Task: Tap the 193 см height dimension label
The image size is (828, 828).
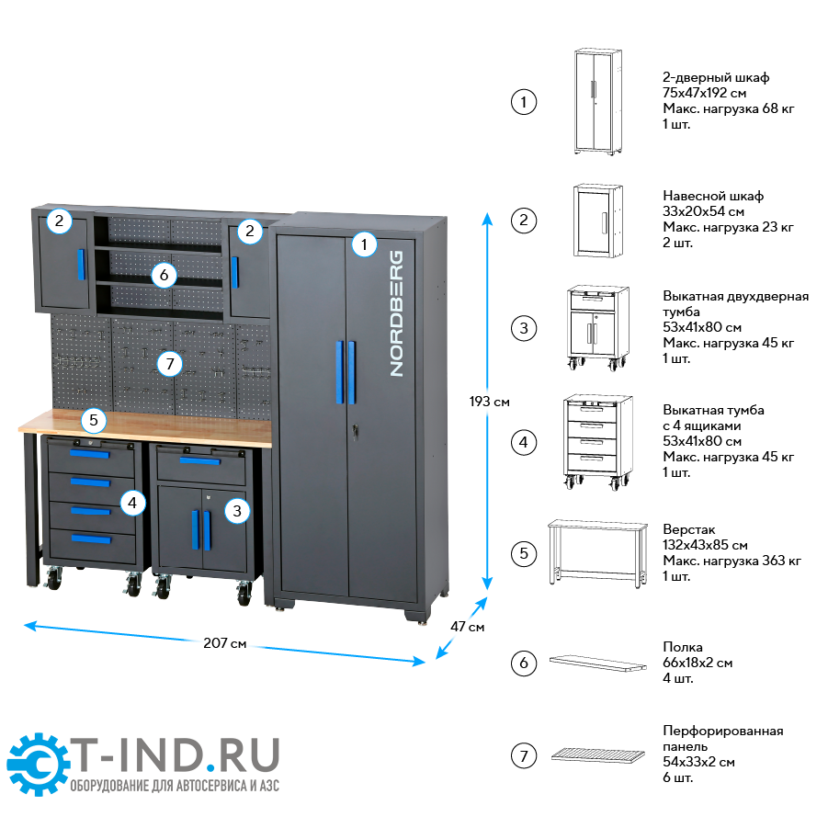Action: (x=489, y=402)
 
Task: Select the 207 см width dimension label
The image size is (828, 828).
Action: (x=225, y=643)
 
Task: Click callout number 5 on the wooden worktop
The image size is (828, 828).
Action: (x=93, y=421)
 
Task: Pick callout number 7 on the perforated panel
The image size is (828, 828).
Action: (x=167, y=364)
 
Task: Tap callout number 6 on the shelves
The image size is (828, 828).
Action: (x=163, y=274)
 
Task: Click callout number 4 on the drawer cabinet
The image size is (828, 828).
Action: (x=133, y=503)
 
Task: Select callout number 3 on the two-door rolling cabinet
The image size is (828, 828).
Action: (x=237, y=510)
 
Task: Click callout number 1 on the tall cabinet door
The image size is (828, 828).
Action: (x=365, y=244)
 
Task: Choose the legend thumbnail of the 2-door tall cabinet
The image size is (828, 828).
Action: (x=598, y=101)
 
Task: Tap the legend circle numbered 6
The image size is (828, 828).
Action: (x=523, y=663)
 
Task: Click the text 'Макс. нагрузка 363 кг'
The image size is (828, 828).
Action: (x=732, y=561)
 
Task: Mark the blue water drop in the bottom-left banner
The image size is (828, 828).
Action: (x=210, y=765)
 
